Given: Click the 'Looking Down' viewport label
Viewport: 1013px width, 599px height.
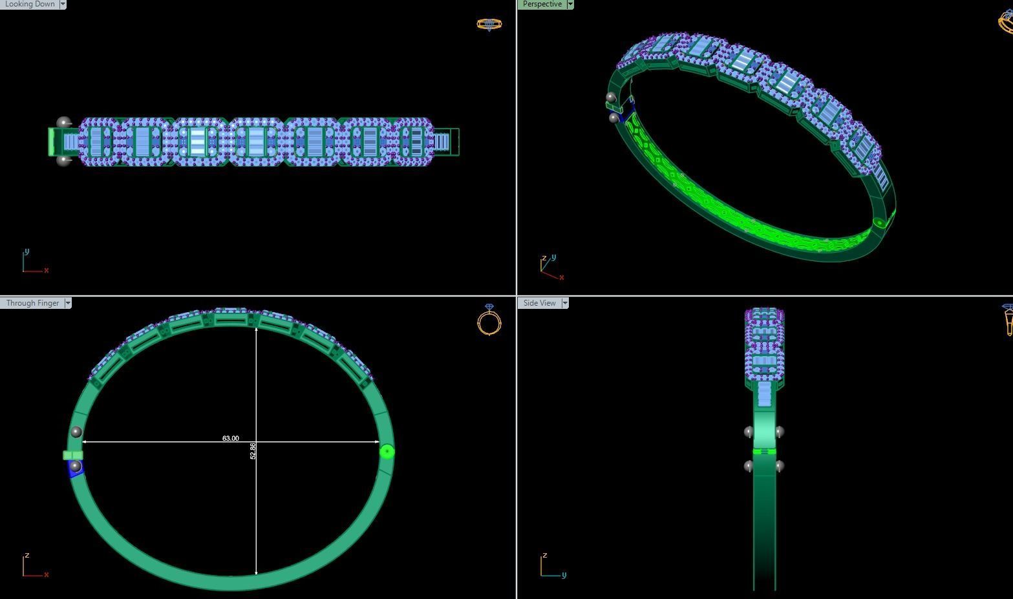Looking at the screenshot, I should click(30, 4).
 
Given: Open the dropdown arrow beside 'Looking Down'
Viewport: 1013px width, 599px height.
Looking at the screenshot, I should click(63, 4).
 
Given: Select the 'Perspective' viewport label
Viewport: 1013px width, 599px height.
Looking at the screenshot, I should click(542, 4).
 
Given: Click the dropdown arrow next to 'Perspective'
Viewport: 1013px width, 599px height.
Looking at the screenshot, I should click(570, 4).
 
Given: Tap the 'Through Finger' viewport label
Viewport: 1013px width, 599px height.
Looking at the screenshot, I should click(32, 303).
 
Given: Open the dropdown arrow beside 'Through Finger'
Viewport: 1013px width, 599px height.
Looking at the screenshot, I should click(67, 303).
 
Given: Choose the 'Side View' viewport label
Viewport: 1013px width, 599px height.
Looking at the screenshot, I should click(539, 303).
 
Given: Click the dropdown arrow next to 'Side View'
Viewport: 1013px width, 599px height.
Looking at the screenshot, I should click(565, 303).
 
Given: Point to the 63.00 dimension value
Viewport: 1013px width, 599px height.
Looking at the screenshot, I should click(230, 438).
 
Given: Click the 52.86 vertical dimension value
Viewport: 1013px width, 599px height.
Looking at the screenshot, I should click(253, 451).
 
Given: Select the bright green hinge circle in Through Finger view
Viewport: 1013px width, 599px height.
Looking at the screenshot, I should click(387, 452).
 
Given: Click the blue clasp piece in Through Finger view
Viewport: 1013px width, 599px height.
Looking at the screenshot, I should click(76, 470).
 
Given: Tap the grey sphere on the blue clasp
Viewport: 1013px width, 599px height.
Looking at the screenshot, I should click(75, 466).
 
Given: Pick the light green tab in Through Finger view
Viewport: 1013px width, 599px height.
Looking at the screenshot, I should click(72, 456).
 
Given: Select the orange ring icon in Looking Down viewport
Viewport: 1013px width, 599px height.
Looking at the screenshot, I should click(489, 25).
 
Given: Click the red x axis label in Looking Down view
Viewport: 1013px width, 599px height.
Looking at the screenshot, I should click(47, 270).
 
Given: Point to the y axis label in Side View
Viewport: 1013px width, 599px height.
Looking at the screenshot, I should click(564, 574).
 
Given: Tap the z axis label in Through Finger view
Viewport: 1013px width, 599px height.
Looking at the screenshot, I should click(27, 555).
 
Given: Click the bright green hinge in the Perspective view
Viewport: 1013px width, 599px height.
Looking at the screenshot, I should click(879, 223).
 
